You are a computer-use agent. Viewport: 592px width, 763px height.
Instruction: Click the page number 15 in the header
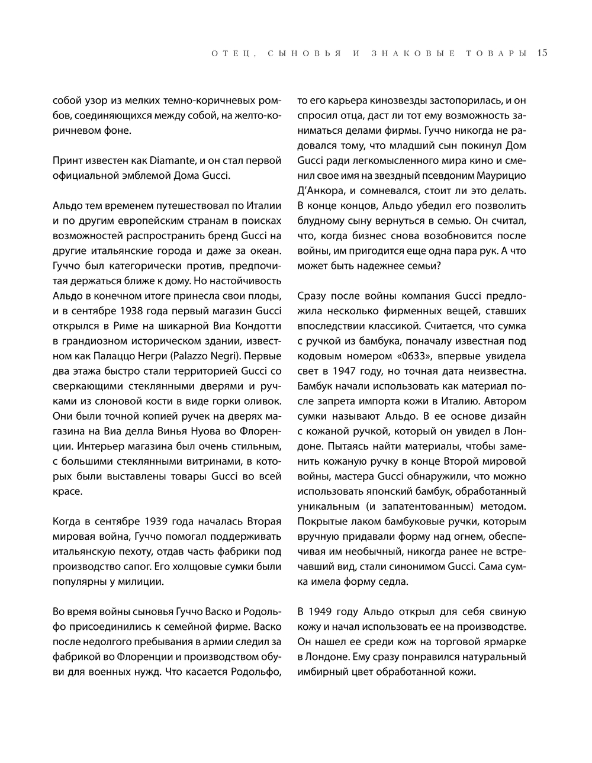[x=542, y=53]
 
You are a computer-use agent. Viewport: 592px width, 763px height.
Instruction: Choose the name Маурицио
[x=501, y=176]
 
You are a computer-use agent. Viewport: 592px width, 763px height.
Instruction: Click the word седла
[x=392, y=581]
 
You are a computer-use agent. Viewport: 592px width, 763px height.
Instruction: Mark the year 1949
[x=321, y=611]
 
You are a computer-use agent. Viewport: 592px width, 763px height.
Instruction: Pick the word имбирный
[x=323, y=672]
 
